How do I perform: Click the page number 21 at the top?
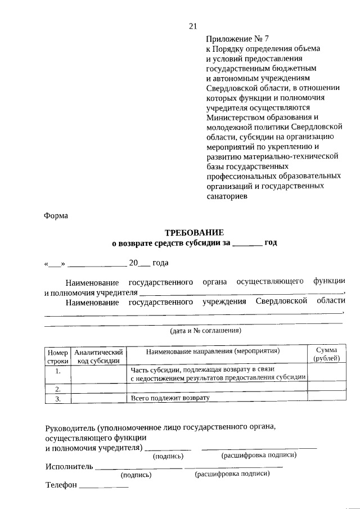click(x=193, y=26)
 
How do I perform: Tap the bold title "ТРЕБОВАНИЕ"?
click(x=194, y=232)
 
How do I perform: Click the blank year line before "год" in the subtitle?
click(x=247, y=244)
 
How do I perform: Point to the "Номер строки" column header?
click(x=57, y=355)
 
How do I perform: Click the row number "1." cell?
click(x=58, y=371)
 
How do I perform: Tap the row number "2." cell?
click(x=58, y=389)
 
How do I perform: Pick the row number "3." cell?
click(x=58, y=399)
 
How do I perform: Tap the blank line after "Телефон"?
click(x=104, y=487)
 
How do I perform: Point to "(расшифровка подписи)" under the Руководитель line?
click(x=259, y=454)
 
